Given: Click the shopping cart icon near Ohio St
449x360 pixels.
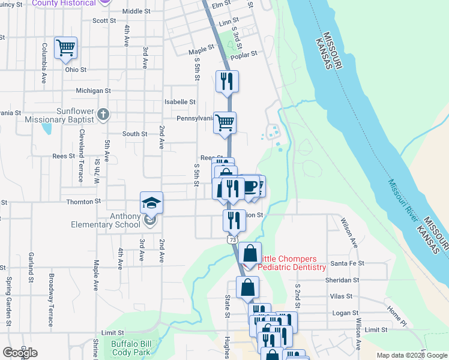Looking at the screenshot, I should coord(65,47).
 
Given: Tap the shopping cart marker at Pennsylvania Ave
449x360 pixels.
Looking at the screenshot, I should coord(224,123).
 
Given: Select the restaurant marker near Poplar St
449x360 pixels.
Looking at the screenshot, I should coord(227,82).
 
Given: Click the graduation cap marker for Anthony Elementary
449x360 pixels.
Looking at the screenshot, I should coord(151,203).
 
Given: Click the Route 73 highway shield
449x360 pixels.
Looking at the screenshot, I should coord(232,239).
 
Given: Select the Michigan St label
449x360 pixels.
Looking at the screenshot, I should coord(93,91).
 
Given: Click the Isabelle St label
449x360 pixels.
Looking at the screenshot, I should coord(180,103).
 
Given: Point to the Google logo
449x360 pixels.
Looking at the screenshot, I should coord(20,353).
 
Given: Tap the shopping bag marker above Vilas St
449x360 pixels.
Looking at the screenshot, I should coord(247,288).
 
